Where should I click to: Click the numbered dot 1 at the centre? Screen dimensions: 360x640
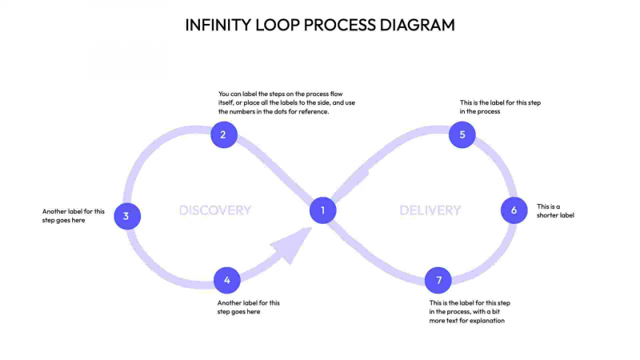coord(322,210)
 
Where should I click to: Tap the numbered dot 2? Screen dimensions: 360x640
coord(223,134)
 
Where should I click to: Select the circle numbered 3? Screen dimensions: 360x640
coord(126,216)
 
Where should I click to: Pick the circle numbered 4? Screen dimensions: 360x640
coord(227,280)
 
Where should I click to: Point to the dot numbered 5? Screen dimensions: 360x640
coord(462,134)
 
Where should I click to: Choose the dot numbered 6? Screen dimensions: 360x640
coord(514,210)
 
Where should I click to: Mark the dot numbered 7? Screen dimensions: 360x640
coord(438,280)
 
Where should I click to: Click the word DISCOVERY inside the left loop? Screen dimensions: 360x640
coord(214,210)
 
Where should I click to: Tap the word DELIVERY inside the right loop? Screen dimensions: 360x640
coord(430,210)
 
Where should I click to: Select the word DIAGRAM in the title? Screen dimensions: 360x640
coord(414,25)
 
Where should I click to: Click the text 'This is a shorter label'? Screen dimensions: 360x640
coord(555,210)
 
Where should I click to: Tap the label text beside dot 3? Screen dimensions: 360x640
coord(74,216)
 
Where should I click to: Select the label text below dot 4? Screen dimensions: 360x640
coord(249,307)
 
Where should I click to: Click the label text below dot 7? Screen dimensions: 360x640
coord(470,312)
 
